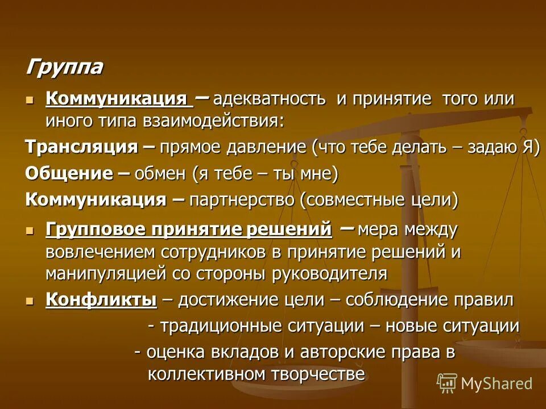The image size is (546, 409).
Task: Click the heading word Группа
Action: click(64, 68)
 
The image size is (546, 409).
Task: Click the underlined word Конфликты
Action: click(101, 299)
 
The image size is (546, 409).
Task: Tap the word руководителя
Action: click(329, 274)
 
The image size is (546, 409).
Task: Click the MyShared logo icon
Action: click(446, 383)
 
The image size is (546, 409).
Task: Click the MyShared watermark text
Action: click(497, 383)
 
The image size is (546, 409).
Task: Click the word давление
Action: click(266, 147)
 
